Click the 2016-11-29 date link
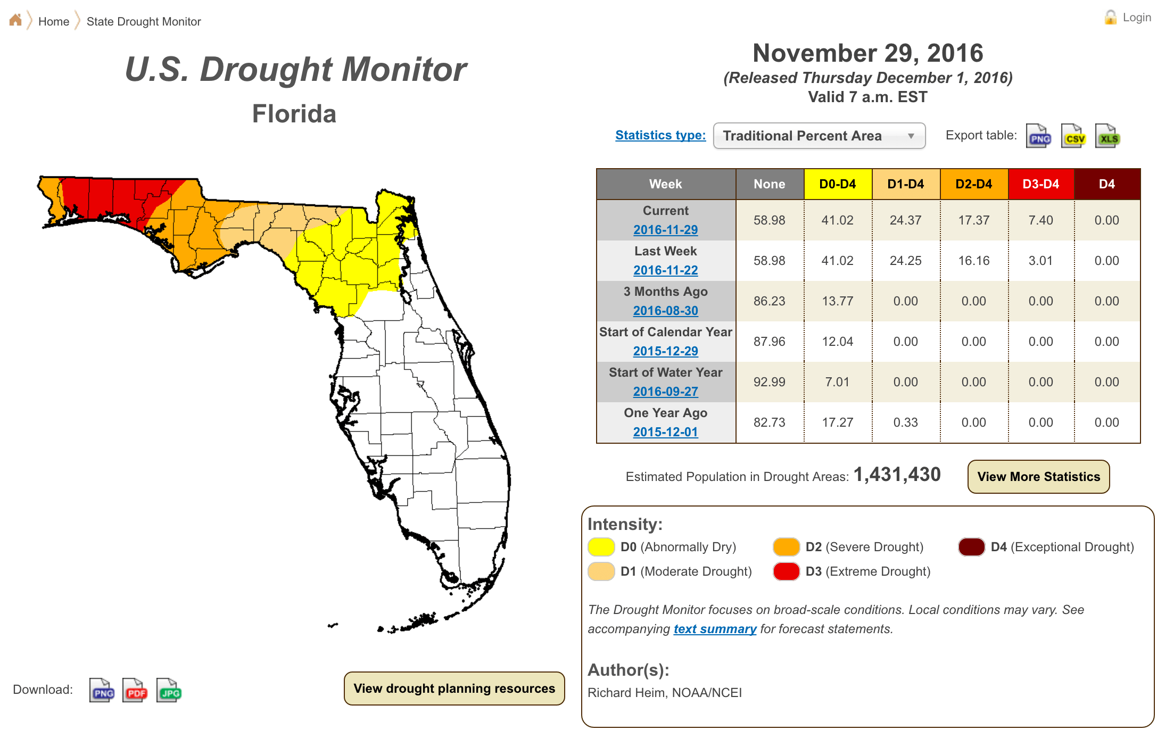[x=665, y=230]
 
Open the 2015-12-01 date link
[x=665, y=432]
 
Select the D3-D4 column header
[x=1040, y=184]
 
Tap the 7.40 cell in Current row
[x=1040, y=220]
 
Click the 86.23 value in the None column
[x=769, y=301]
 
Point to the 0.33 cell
[x=905, y=422]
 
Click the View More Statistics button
[x=1038, y=477]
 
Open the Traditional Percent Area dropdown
[x=819, y=136]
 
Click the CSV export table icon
[x=1073, y=137]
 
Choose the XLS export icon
[x=1108, y=137]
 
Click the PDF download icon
[x=135, y=691]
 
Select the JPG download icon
[x=169, y=691]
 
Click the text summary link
[x=715, y=629]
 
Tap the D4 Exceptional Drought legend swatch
[x=971, y=547]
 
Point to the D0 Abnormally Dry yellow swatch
[x=601, y=547]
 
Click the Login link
[x=1136, y=18]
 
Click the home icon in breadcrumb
[x=15, y=20]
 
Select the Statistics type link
[x=660, y=135]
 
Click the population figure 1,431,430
[x=897, y=475]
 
